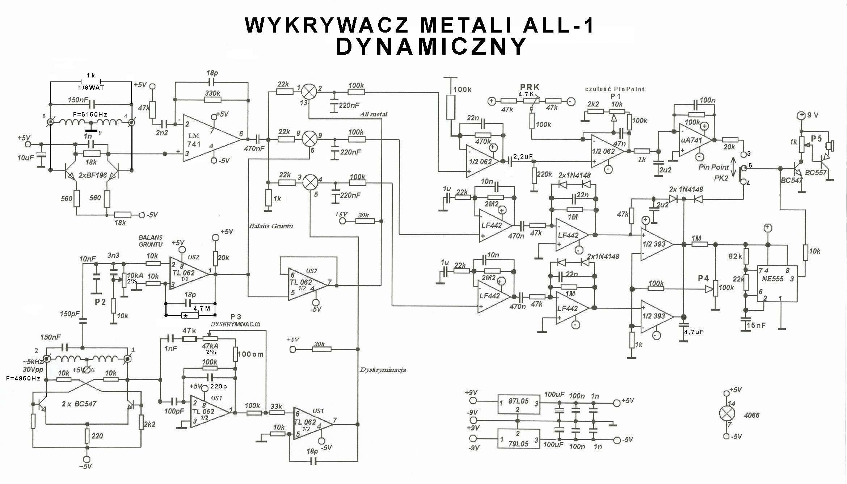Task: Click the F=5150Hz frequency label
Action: pyautogui.click(x=90, y=114)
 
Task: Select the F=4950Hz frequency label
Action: pyautogui.click(x=23, y=379)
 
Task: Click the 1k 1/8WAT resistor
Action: pyautogui.click(x=90, y=81)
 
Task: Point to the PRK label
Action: pyautogui.click(x=530, y=87)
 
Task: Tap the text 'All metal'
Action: pyautogui.click(x=373, y=114)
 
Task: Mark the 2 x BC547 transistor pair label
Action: pyautogui.click(x=79, y=404)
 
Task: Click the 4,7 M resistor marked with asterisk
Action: pyautogui.click(x=190, y=316)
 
